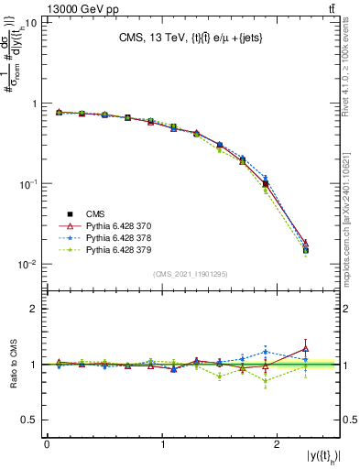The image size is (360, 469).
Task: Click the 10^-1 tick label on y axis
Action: pyautogui.click(x=27, y=183)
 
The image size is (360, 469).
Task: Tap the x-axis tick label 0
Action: pyautogui.click(x=47, y=443)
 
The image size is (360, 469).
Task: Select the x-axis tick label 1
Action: pyautogui.click(x=163, y=443)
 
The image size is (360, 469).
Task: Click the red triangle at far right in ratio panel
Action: pyautogui.click(x=306, y=348)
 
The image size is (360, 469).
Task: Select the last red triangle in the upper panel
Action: pyautogui.click(x=306, y=244)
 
